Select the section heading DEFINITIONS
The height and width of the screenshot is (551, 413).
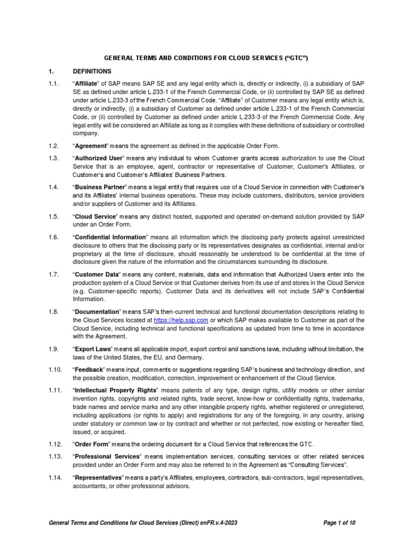92,72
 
